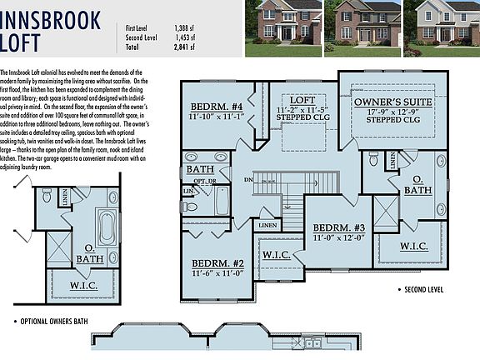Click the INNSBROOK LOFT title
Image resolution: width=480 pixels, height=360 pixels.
point(51,29)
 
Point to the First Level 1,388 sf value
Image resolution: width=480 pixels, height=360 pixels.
point(207,27)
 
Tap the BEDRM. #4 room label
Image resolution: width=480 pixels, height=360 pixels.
point(217,107)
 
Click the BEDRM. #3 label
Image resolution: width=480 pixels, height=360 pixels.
point(339,227)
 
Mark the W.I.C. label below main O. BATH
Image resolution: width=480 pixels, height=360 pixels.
point(414,247)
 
